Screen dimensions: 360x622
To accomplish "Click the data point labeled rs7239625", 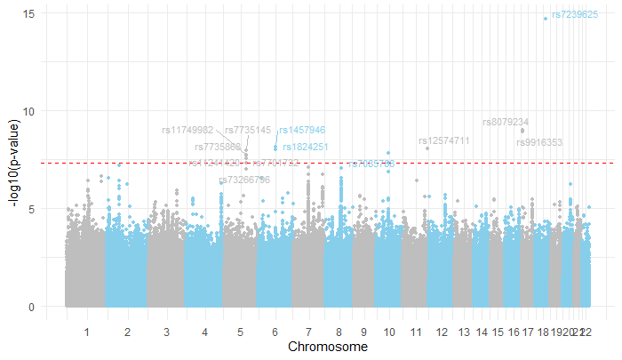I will point(546,18).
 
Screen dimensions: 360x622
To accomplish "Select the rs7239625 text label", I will point(574,15).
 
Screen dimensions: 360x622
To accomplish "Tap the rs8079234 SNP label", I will point(506,123).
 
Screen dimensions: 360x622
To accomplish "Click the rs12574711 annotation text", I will point(443,141).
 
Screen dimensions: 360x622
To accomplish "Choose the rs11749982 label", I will point(187,131).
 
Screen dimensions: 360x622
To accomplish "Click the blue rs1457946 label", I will point(302,131).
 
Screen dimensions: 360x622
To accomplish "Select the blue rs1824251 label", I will point(305,147).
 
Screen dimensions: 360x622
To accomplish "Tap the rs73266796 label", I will point(243,180).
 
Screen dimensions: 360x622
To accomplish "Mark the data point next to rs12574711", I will point(427,148).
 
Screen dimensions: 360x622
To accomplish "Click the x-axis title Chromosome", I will point(327,346).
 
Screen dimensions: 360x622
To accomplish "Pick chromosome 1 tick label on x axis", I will point(87,332).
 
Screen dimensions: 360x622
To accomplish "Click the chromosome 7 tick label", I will point(308,332).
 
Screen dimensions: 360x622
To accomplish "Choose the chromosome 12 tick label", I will point(442,332).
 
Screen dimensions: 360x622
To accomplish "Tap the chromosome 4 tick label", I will point(205,332).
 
